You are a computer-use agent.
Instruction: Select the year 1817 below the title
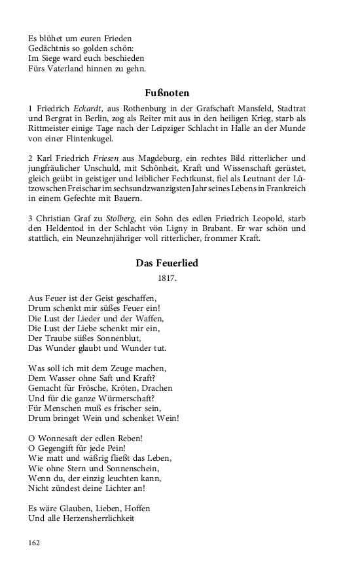click(x=167, y=278)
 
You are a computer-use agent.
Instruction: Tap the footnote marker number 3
click(x=31, y=219)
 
